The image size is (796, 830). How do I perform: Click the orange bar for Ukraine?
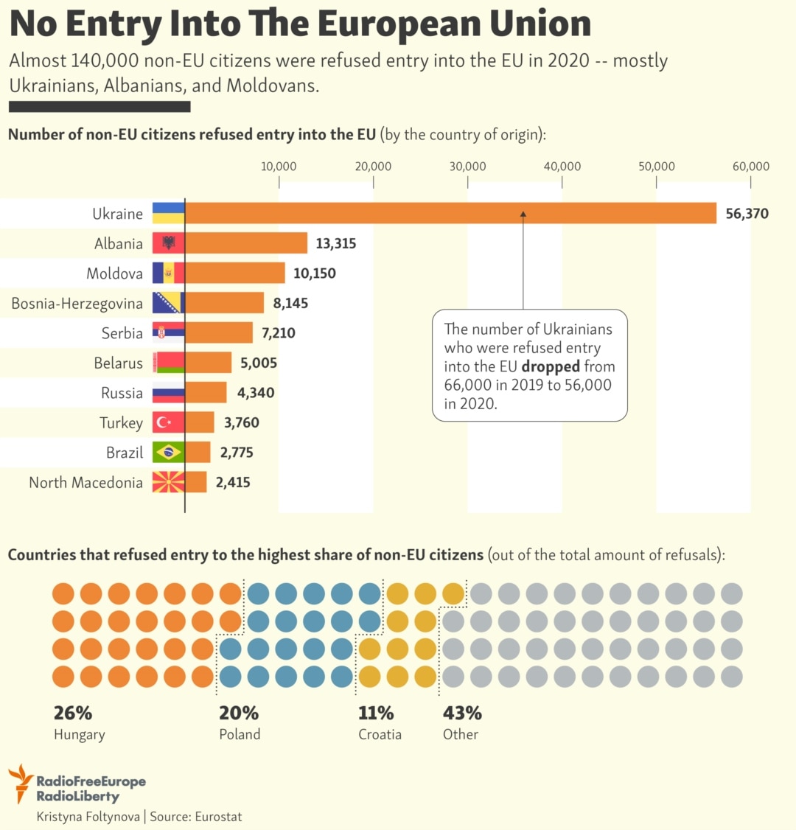coord(450,213)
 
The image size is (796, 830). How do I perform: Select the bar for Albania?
coord(246,243)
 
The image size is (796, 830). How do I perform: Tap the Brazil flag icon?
coord(168,452)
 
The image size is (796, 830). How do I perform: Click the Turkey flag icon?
coord(168,422)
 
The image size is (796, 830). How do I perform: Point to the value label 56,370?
coord(747,214)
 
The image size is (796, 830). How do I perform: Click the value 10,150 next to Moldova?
coord(314,273)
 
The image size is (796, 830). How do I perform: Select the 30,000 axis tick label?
coord(467,167)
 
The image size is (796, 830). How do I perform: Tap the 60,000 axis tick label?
coord(750,167)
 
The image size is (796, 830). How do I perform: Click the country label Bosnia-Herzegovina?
coord(77,304)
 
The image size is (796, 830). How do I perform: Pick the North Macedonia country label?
coord(85,483)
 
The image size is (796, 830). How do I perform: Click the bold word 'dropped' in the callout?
coord(551,366)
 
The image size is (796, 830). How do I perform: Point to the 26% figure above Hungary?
coord(72,713)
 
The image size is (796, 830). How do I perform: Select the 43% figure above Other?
coord(461,713)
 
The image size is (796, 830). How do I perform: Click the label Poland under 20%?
coord(240,734)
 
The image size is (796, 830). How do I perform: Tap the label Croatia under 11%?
coord(380,734)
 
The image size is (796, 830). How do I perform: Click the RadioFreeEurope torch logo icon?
coord(21,783)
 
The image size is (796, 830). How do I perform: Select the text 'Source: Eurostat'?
coord(196,817)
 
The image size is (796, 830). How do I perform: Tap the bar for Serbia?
coord(219,332)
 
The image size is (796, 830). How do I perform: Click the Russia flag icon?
coord(168,392)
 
